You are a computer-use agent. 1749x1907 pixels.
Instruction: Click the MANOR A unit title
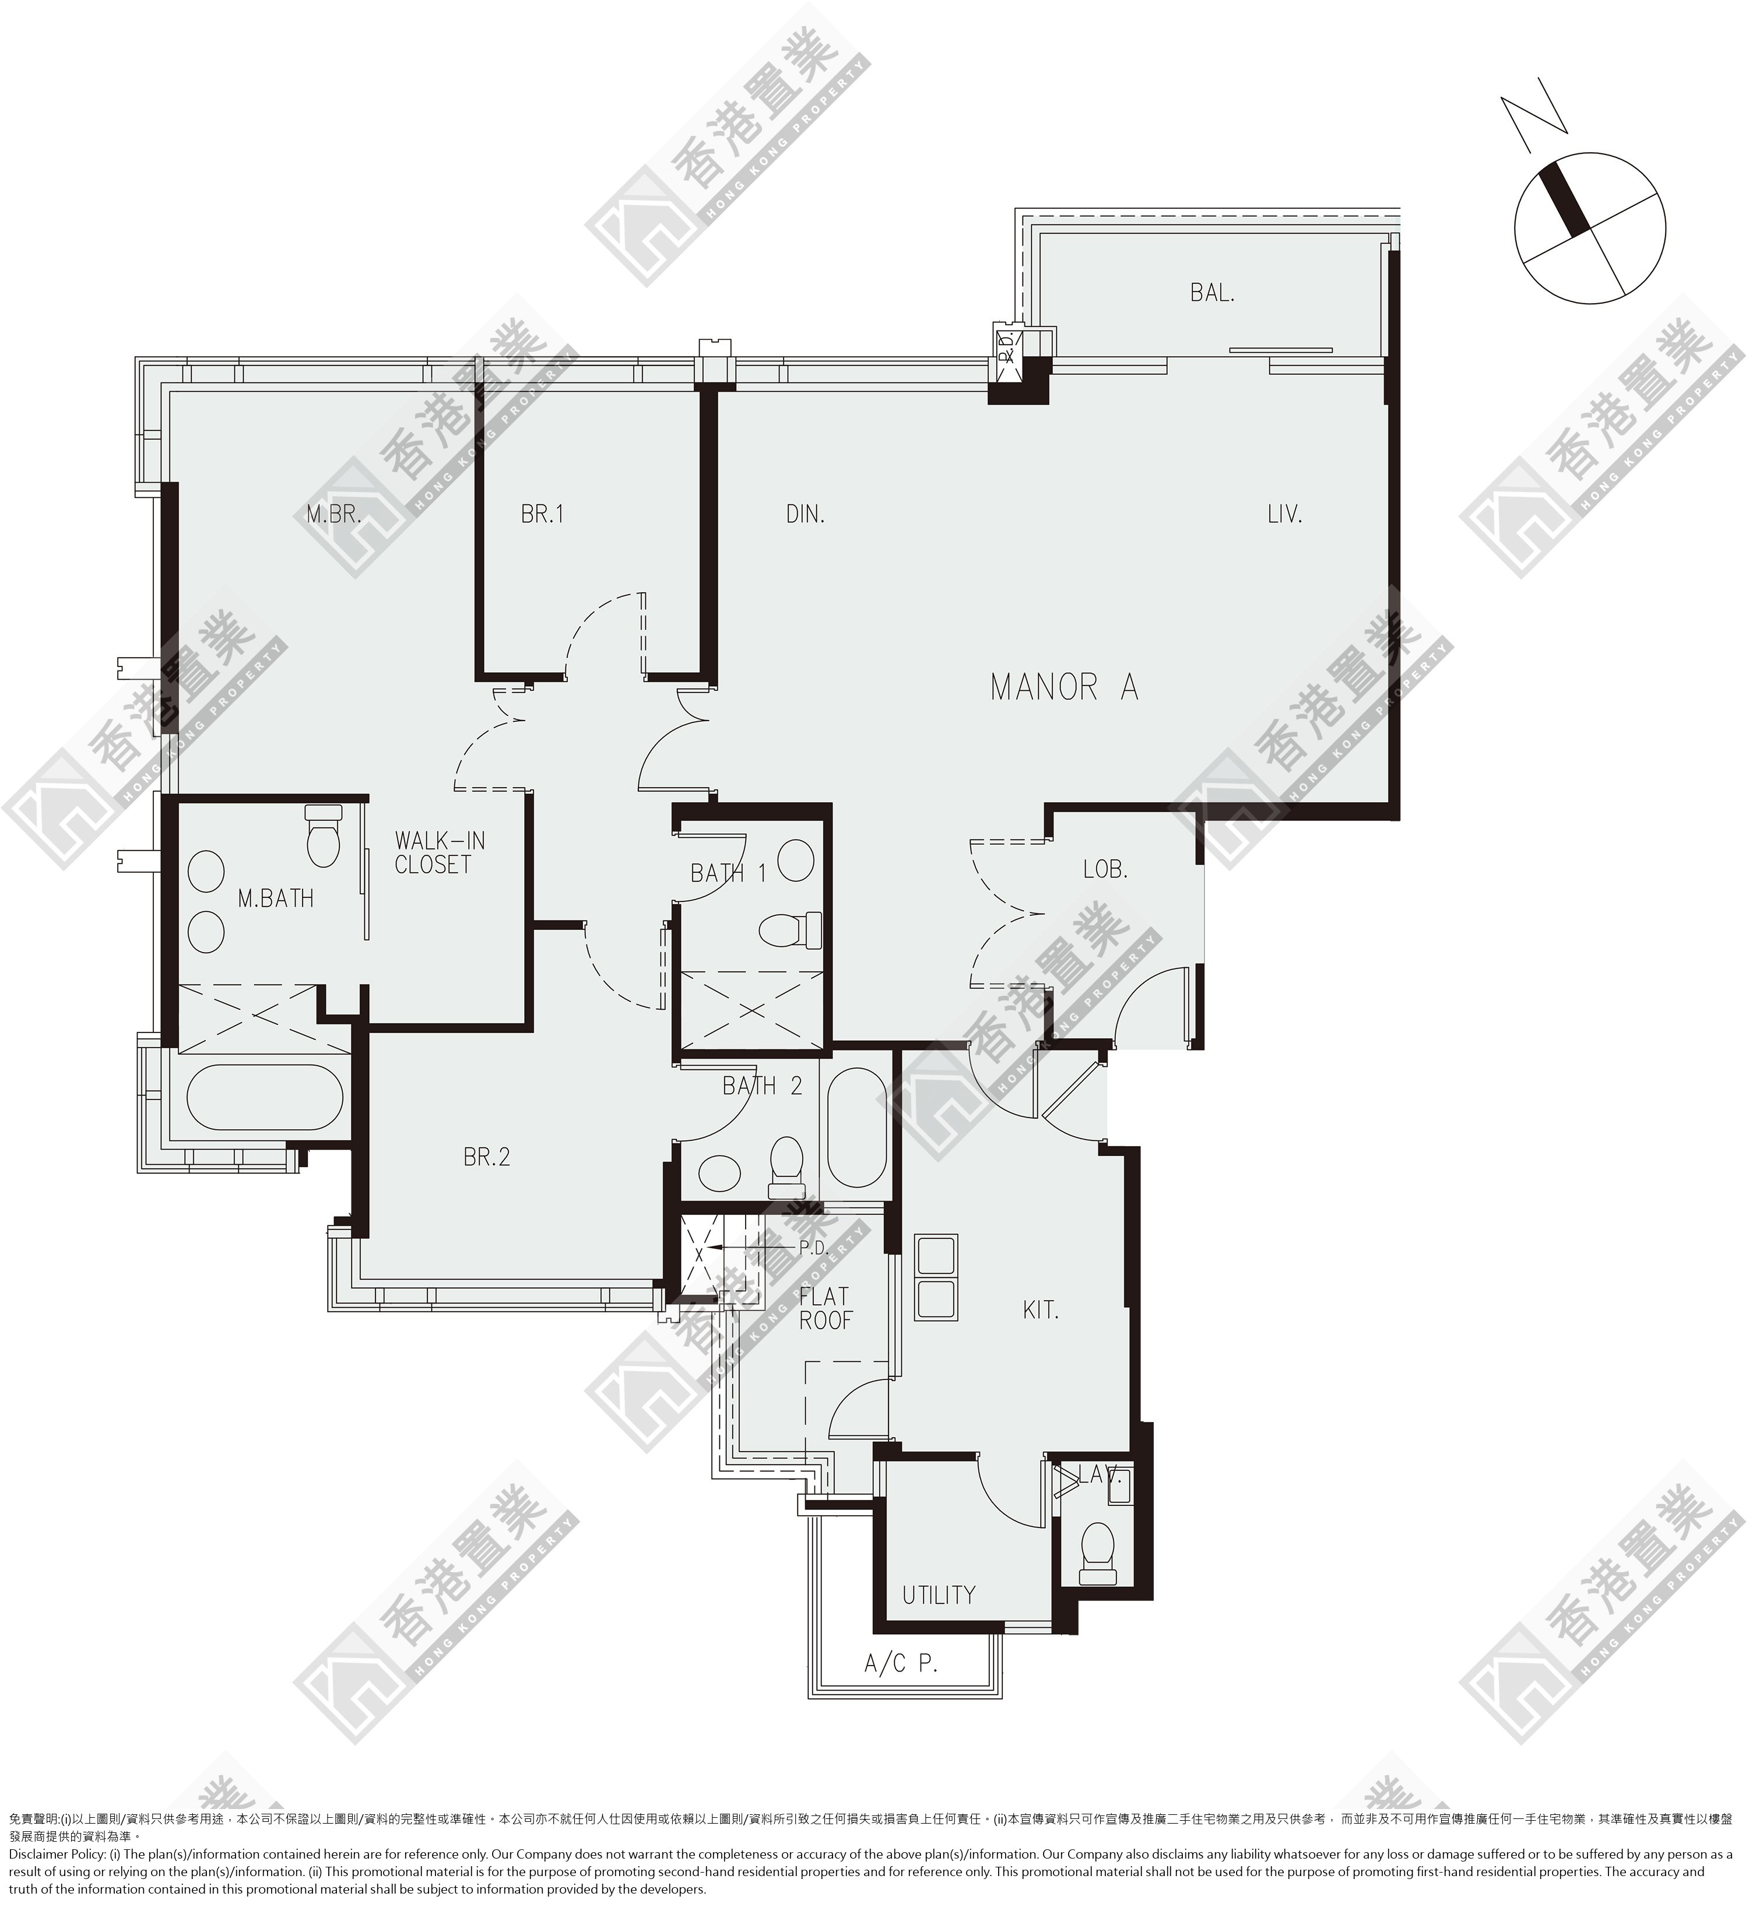point(1064,687)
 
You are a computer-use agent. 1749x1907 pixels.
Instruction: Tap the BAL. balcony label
point(1213,293)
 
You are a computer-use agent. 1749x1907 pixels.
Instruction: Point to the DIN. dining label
point(805,514)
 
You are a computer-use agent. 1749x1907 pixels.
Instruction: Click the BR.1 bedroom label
point(542,514)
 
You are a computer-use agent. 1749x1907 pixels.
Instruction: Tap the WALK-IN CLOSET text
point(434,852)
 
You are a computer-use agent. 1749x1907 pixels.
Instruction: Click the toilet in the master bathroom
point(323,835)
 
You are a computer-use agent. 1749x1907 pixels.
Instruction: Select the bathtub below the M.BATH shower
point(265,1098)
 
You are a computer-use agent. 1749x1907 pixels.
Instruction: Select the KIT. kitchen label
point(1040,1311)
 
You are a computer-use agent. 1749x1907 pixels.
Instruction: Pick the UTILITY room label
point(938,1596)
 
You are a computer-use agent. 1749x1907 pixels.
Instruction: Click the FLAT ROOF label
point(824,1308)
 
